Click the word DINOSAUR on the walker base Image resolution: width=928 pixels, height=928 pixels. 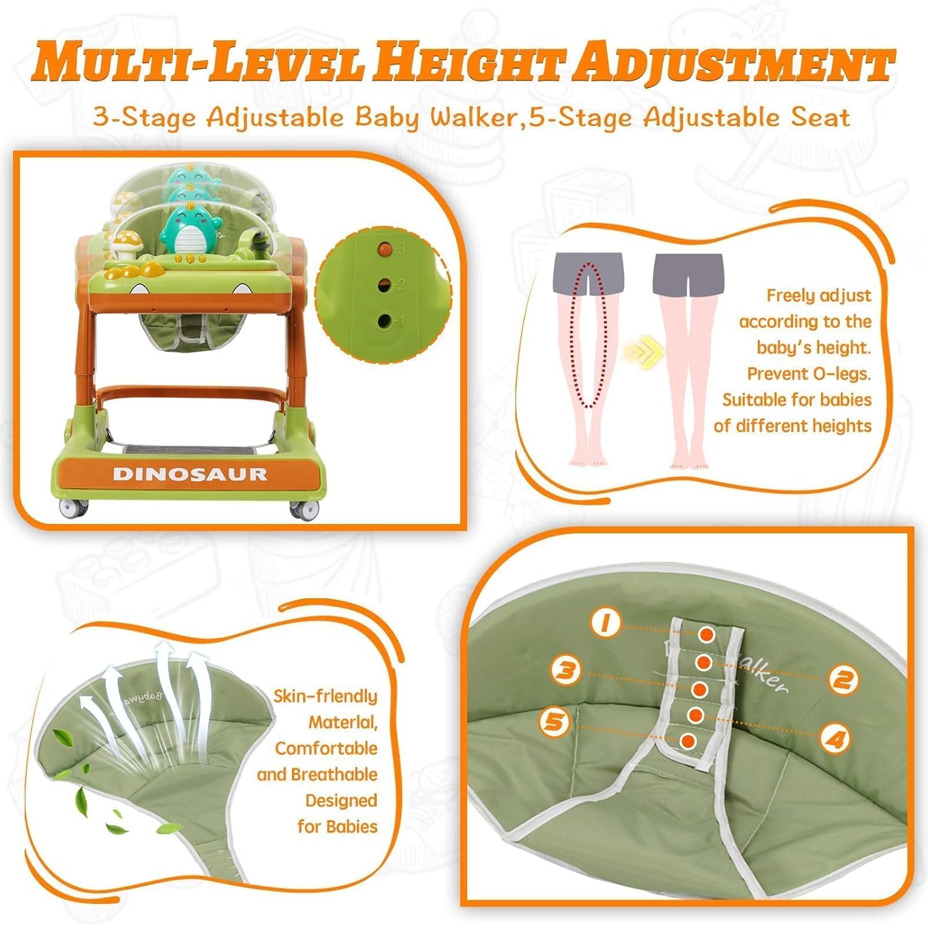190,474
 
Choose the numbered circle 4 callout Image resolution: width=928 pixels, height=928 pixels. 836,739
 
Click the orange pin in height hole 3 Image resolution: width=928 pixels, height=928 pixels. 385,249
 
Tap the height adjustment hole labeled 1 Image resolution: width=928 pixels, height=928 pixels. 385,320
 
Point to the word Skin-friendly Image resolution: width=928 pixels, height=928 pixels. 325,696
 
